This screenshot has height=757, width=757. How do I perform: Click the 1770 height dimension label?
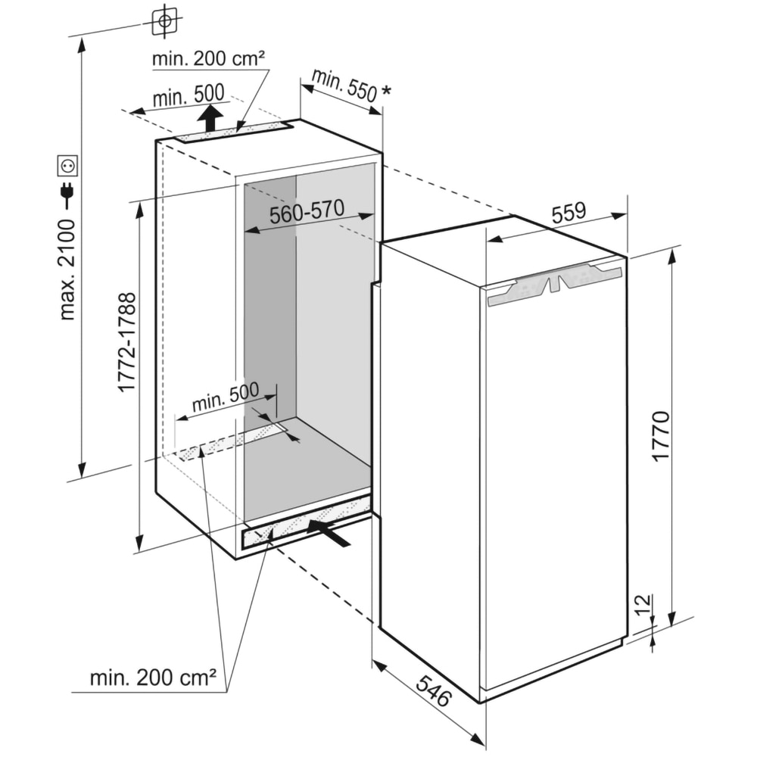pos(660,436)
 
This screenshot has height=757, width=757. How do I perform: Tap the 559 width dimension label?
pos(569,214)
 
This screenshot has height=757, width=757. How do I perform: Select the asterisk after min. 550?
pos(387,92)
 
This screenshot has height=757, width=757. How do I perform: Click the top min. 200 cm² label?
pos(207,58)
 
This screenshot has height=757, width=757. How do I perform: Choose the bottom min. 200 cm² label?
pos(154,678)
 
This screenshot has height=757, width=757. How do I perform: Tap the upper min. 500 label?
pos(188,95)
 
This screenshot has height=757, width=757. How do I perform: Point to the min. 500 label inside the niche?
pos(226,397)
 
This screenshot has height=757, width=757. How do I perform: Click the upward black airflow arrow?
pos(210,119)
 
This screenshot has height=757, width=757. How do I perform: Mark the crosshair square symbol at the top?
pos(164,20)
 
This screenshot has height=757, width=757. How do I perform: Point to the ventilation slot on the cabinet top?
pos(235,133)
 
